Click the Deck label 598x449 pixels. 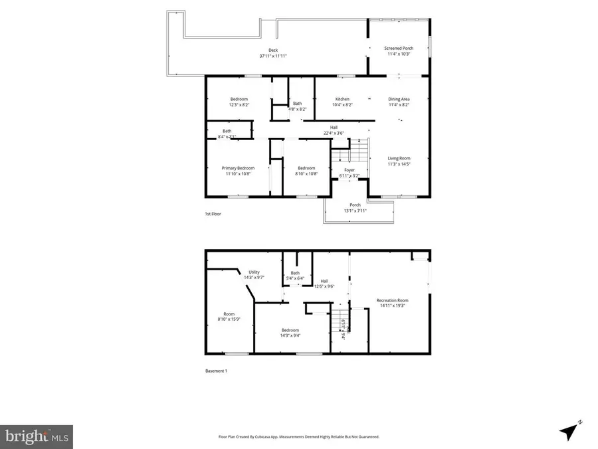coord(272,50)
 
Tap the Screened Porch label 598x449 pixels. coord(399,48)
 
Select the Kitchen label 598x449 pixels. coord(342,99)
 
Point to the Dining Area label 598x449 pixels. coord(399,99)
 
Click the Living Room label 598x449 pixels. coord(399,158)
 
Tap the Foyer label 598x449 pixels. coord(349,170)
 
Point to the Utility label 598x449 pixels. coord(254,272)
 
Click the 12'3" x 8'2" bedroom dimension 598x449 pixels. coord(239,105)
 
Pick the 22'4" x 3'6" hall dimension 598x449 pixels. coord(334,133)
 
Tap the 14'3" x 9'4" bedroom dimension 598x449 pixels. coord(290,335)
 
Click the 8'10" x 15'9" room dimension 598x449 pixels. coord(229,319)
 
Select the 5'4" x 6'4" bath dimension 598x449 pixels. coord(296,279)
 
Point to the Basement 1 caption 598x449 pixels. coord(217,371)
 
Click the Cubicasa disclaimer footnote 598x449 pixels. coord(299,437)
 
